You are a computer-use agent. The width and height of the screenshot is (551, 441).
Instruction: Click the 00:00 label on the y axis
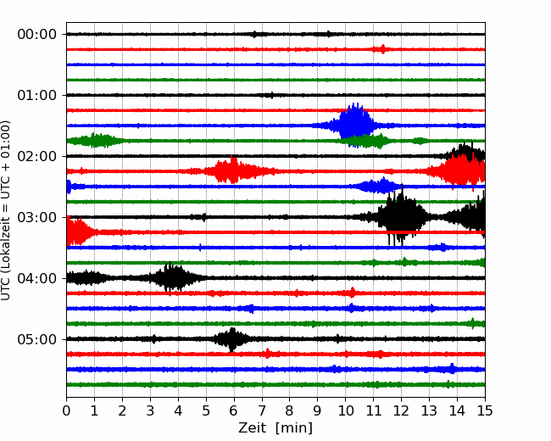pyautogui.click(x=37, y=35)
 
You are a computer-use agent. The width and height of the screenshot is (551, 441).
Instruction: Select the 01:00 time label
pyautogui.click(x=37, y=95)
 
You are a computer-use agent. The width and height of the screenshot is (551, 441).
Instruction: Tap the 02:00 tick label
pyautogui.click(x=37, y=156)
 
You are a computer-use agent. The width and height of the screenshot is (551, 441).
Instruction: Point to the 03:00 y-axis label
pyautogui.click(x=37, y=217)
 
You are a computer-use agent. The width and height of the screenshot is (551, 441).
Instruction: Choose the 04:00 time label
pyautogui.click(x=37, y=278)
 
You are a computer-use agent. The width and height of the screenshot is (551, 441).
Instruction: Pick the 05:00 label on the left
pyautogui.click(x=37, y=339)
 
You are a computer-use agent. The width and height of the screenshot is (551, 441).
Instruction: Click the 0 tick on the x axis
pyautogui.click(x=66, y=410)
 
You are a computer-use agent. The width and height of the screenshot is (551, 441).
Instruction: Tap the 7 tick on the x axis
pyautogui.click(x=262, y=410)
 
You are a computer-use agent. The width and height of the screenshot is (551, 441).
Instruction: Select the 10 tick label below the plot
pyautogui.click(x=345, y=410)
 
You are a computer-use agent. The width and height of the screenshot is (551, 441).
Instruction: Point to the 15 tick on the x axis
pyautogui.click(x=485, y=410)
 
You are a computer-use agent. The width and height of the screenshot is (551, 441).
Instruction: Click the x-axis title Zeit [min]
pyautogui.click(x=275, y=428)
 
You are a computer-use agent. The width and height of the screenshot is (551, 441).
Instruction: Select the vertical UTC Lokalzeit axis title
pyautogui.click(x=5, y=210)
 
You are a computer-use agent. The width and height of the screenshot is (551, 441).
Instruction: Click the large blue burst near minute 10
pyautogui.click(x=353, y=125)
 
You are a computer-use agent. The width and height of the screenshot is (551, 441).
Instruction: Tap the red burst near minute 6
pyautogui.click(x=232, y=170)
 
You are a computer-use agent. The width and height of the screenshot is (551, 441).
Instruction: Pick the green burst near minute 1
pyautogui.click(x=94, y=140)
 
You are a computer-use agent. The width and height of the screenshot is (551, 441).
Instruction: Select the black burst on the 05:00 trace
pyautogui.click(x=232, y=339)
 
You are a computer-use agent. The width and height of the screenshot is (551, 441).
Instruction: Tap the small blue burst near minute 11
pyautogui.click(x=379, y=186)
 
